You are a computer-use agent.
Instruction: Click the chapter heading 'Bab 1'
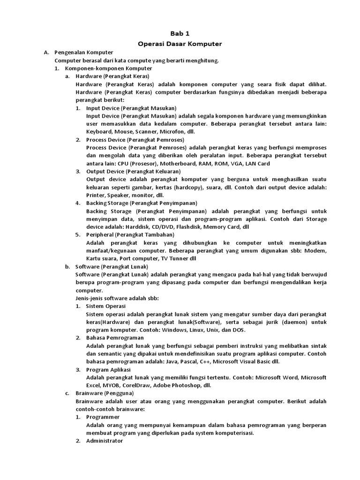point(180,34)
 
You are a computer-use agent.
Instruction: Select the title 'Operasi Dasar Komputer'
point(180,44)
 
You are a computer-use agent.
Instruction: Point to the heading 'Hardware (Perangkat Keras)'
point(112,76)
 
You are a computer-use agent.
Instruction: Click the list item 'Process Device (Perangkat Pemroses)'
point(135,140)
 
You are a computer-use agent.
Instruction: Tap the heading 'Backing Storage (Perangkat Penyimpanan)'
point(142,203)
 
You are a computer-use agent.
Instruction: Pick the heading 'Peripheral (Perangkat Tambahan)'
point(130,234)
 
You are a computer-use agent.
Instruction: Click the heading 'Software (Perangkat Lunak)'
point(112,266)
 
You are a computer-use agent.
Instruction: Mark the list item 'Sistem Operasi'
point(106,306)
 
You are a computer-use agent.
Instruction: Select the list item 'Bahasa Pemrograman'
point(115,337)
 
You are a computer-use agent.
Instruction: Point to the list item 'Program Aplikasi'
point(111,369)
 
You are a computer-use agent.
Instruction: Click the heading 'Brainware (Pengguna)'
point(105,393)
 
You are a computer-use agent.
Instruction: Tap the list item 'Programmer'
point(103,417)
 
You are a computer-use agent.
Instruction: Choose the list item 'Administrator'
point(105,441)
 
